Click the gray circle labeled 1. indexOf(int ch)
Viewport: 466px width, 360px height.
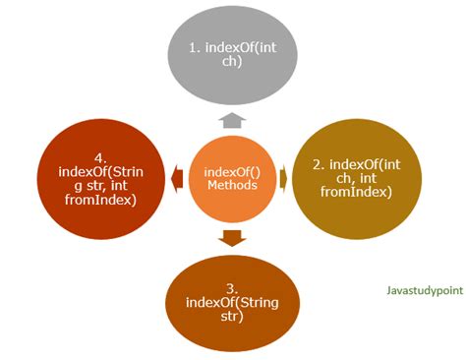tap(233, 54)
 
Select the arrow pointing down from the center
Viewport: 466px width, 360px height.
tap(233, 237)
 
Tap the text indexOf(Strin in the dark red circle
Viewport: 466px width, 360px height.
tap(93, 170)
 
